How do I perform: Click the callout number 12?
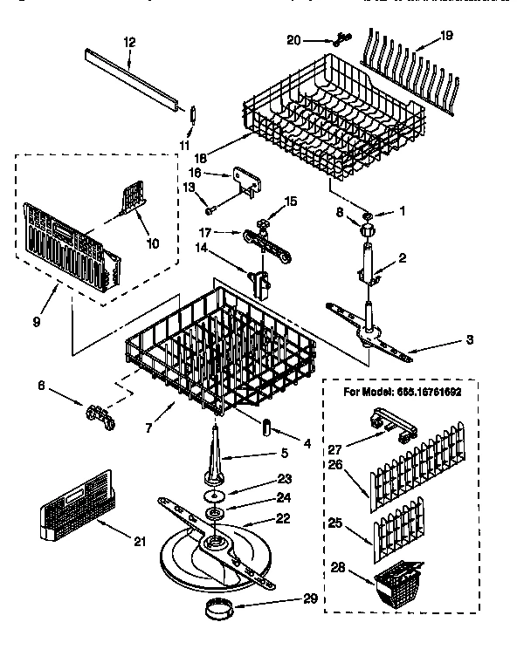129,41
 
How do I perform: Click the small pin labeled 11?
194,116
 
